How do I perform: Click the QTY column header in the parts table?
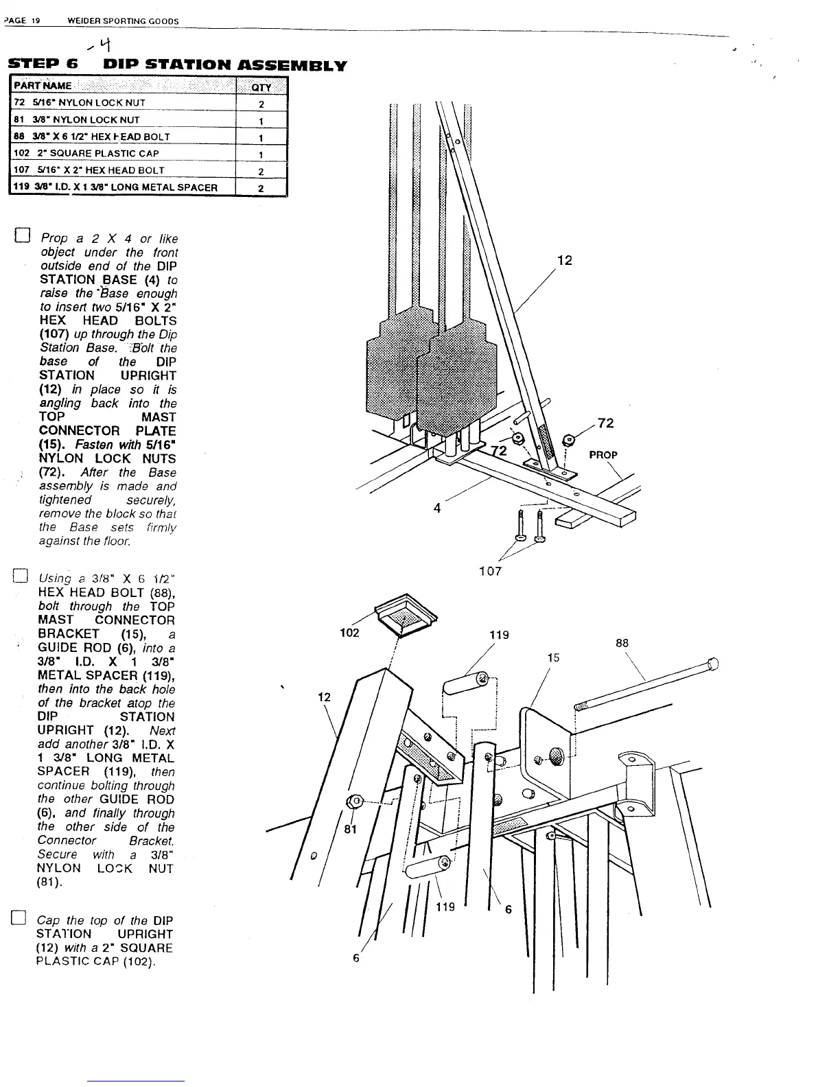coord(261,86)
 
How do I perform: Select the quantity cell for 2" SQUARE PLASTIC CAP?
coord(261,154)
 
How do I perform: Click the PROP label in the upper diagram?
coord(603,455)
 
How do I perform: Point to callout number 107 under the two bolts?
coord(490,571)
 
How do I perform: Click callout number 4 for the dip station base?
coord(436,509)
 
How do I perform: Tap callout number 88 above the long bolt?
coord(622,643)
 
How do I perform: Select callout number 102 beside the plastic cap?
coord(349,633)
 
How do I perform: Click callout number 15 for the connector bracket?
coord(553,657)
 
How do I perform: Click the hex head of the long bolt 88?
coord(714,664)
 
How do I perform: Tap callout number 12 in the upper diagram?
coord(564,261)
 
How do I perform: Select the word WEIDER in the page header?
coord(84,21)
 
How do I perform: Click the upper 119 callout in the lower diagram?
coord(499,635)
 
